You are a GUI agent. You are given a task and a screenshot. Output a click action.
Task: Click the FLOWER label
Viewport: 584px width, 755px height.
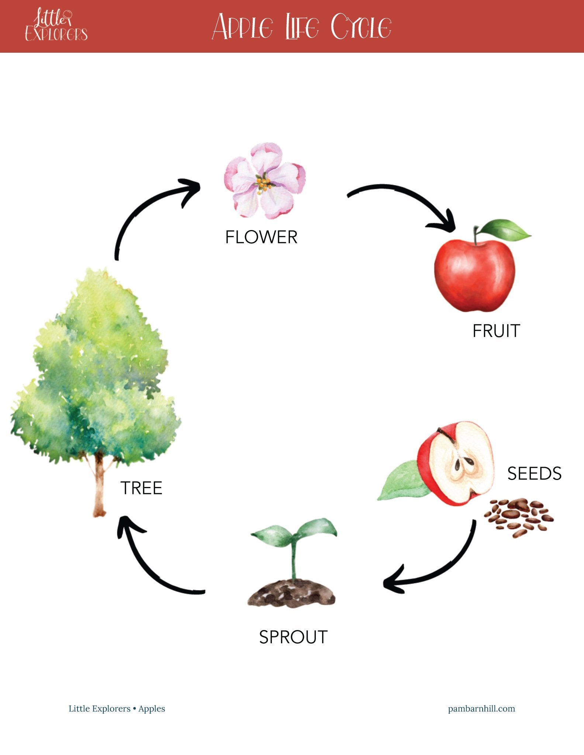[261, 237]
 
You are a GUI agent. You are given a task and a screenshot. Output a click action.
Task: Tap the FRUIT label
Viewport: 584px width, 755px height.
[496, 331]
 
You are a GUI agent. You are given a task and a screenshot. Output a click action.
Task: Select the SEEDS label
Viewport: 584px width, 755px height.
[534, 473]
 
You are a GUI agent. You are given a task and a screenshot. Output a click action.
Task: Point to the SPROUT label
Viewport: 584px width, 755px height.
[293, 637]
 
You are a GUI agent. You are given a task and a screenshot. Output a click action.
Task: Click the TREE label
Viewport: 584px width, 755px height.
[141, 488]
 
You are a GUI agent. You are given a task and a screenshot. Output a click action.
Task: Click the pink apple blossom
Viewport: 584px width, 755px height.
[265, 181]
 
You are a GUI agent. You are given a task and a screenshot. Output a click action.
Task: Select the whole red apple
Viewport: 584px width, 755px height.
[474, 275]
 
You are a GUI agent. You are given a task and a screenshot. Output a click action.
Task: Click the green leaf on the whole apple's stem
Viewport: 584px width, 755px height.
[506, 229]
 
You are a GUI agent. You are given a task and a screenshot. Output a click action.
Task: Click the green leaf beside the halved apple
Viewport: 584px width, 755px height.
[402, 481]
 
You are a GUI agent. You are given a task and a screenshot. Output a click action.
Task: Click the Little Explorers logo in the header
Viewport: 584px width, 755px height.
[56, 26]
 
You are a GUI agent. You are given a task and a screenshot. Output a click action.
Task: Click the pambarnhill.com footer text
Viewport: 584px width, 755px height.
[481, 709]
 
